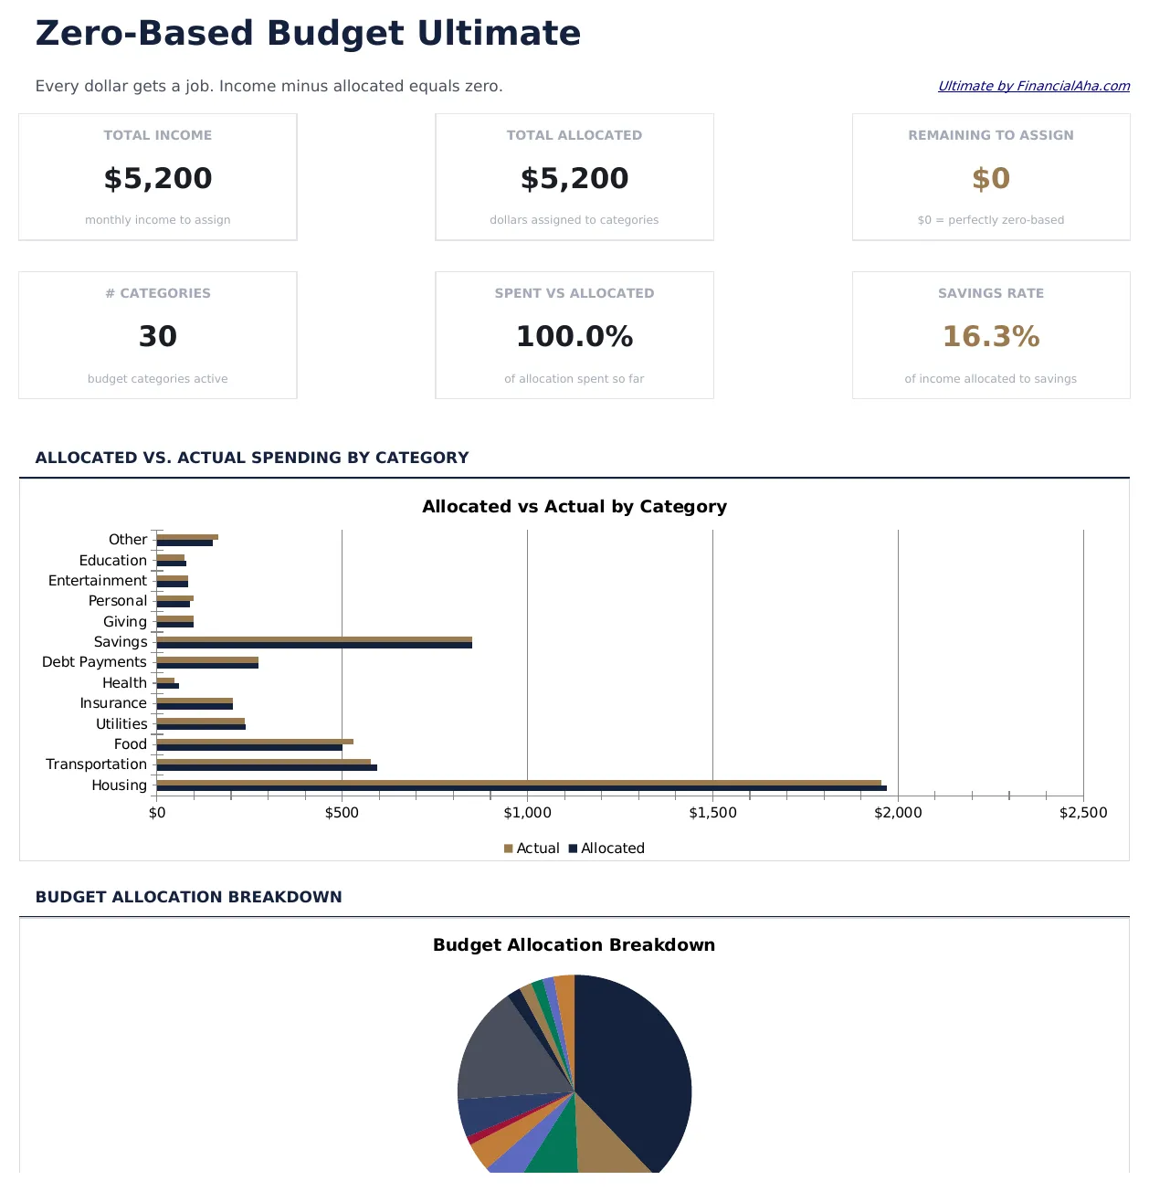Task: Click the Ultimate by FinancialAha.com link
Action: pos(1033,86)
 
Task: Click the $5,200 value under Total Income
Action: pos(158,178)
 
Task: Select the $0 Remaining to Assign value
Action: pos(990,178)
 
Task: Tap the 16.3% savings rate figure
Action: pos(990,337)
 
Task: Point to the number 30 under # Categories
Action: pos(158,337)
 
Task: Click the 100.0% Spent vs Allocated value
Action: pos(574,337)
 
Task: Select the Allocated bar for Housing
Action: pos(521,788)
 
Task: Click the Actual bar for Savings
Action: pos(314,639)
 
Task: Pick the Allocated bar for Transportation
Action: pos(267,768)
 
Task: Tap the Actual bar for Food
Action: pos(255,742)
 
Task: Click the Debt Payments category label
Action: pos(94,662)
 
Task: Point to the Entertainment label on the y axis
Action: pos(97,581)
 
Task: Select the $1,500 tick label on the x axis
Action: pos(712,813)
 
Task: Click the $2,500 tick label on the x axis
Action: pos(1082,813)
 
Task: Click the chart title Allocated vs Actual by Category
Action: pos(574,507)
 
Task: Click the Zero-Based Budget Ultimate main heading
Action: pos(308,34)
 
